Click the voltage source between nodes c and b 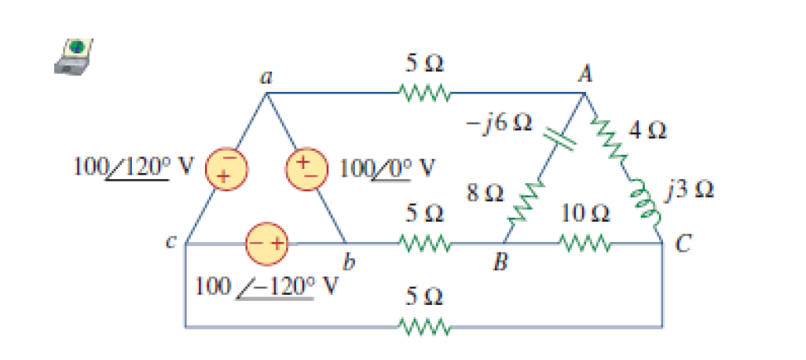pyautogui.click(x=268, y=244)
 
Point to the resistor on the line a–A pyautogui.click(x=424, y=94)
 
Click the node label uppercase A pyautogui.click(x=585, y=75)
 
